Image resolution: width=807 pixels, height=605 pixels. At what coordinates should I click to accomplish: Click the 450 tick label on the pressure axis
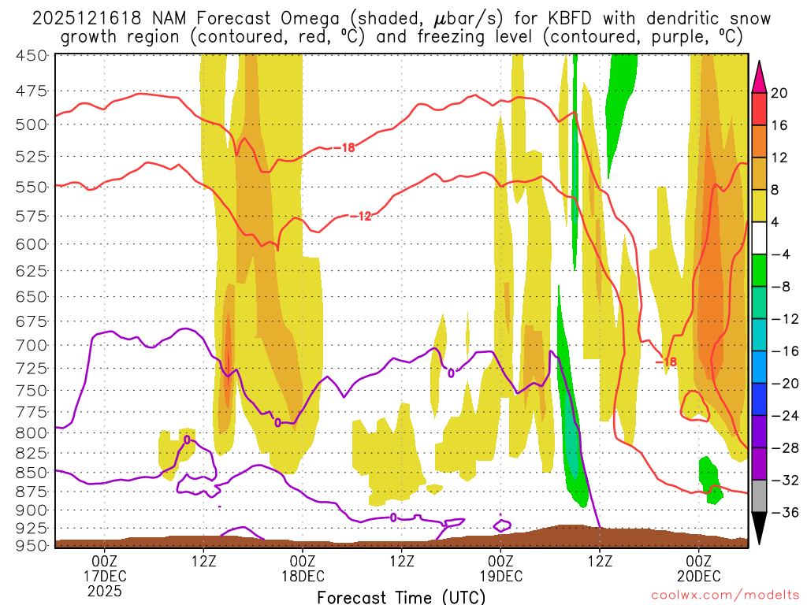pyautogui.click(x=32, y=55)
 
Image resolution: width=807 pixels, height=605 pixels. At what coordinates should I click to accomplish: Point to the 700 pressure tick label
pyautogui.click(x=32, y=345)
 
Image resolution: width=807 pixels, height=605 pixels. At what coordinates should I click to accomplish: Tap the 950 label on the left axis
pyautogui.click(x=32, y=544)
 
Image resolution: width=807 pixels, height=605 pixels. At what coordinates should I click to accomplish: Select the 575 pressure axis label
pyautogui.click(x=32, y=215)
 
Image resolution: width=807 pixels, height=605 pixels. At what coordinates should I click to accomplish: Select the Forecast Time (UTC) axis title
pyautogui.click(x=401, y=596)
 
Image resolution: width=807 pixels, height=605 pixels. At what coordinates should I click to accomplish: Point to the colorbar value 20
pyautogui.click(x=779, y=93)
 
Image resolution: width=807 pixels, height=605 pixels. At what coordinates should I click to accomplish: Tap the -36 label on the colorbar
pyautogui.click(x=783, y=512)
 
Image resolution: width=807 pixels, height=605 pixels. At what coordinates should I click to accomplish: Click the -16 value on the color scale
pyautogui.click(x=783, y=351)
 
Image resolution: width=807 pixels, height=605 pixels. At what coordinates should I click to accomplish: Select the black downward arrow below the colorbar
pyautogui.click(x=760, y=529)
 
